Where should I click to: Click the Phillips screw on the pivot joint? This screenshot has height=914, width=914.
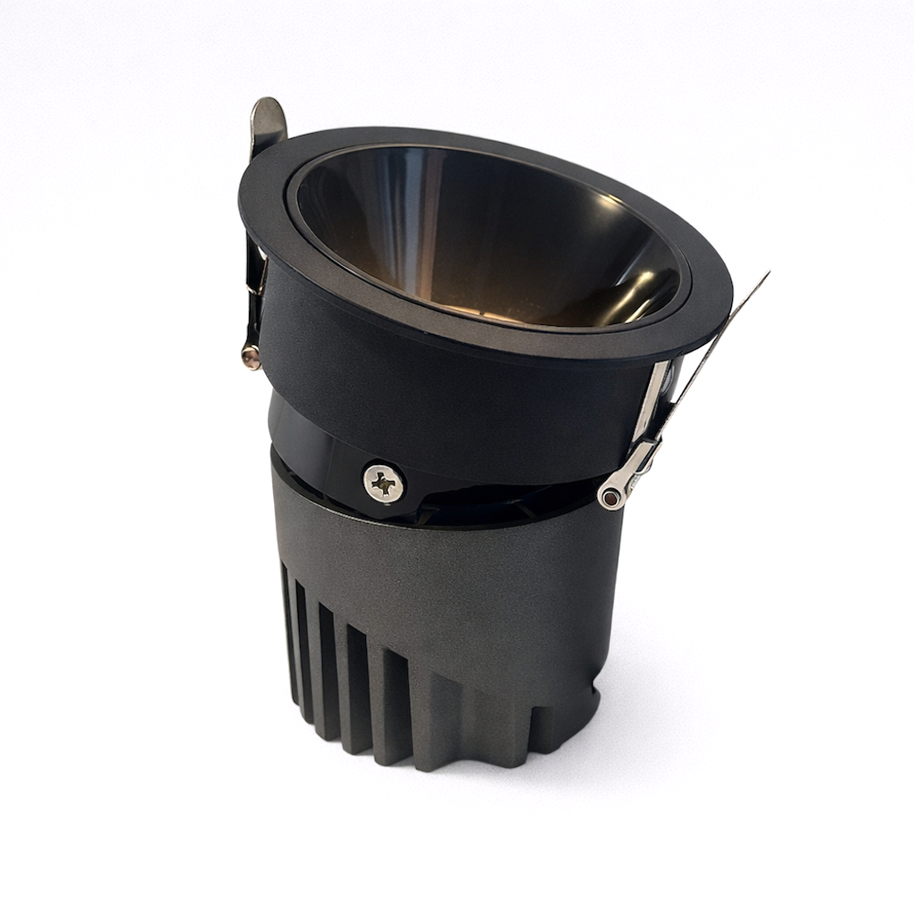384,483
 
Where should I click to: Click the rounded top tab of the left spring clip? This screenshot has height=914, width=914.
267,117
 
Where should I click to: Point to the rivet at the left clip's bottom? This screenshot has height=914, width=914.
251,357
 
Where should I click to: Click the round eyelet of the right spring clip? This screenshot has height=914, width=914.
611,497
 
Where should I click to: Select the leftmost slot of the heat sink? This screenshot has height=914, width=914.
287,625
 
